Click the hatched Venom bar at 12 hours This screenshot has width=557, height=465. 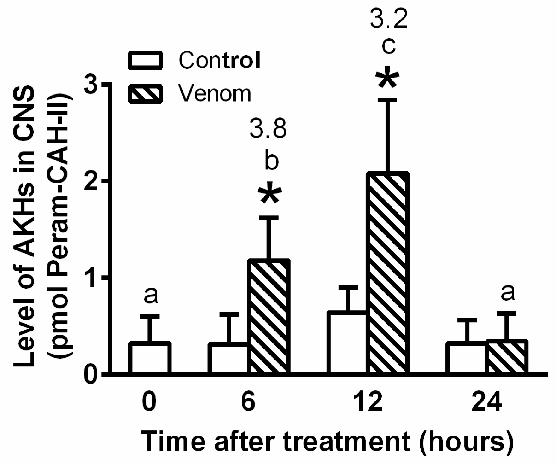pos(388,273)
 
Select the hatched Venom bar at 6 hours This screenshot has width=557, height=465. pos(269,317)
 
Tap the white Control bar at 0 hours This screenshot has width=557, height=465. pos(150,358)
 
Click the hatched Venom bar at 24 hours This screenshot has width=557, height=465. pos(507,357)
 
